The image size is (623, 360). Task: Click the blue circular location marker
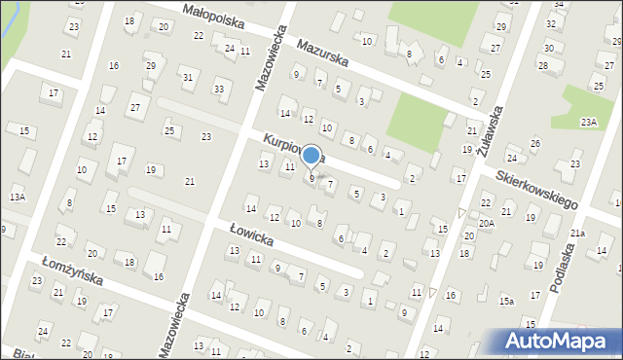click(x=311, y=156)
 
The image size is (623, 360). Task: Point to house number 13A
click(x=17, y=198)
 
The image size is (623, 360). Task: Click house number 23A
click(x=588, y=122)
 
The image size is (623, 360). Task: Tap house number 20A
click(x=486, y=223)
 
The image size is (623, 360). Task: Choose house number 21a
click(x=577, y=234)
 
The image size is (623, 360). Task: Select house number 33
click(x=219, y=90)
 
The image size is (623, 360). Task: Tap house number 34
click(x=558, y=5)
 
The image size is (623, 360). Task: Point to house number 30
click(x=549, y=48)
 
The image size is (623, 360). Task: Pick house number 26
click(x=534, y=144)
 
